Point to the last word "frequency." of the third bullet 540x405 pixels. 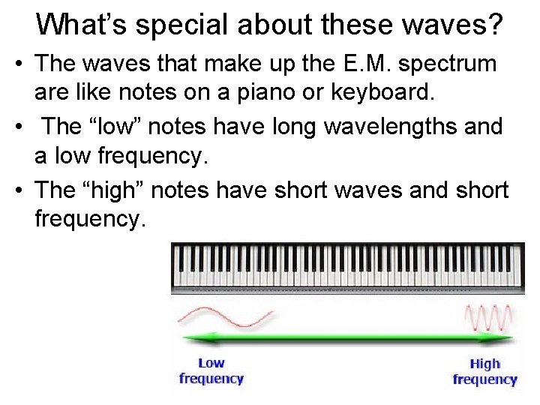click(87, 221)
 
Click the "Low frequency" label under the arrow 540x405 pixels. click(211, 370)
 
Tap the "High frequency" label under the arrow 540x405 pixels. click(484, 371)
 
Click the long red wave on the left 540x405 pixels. click(224, 316)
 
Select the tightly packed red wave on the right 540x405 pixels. click(489, 317)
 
